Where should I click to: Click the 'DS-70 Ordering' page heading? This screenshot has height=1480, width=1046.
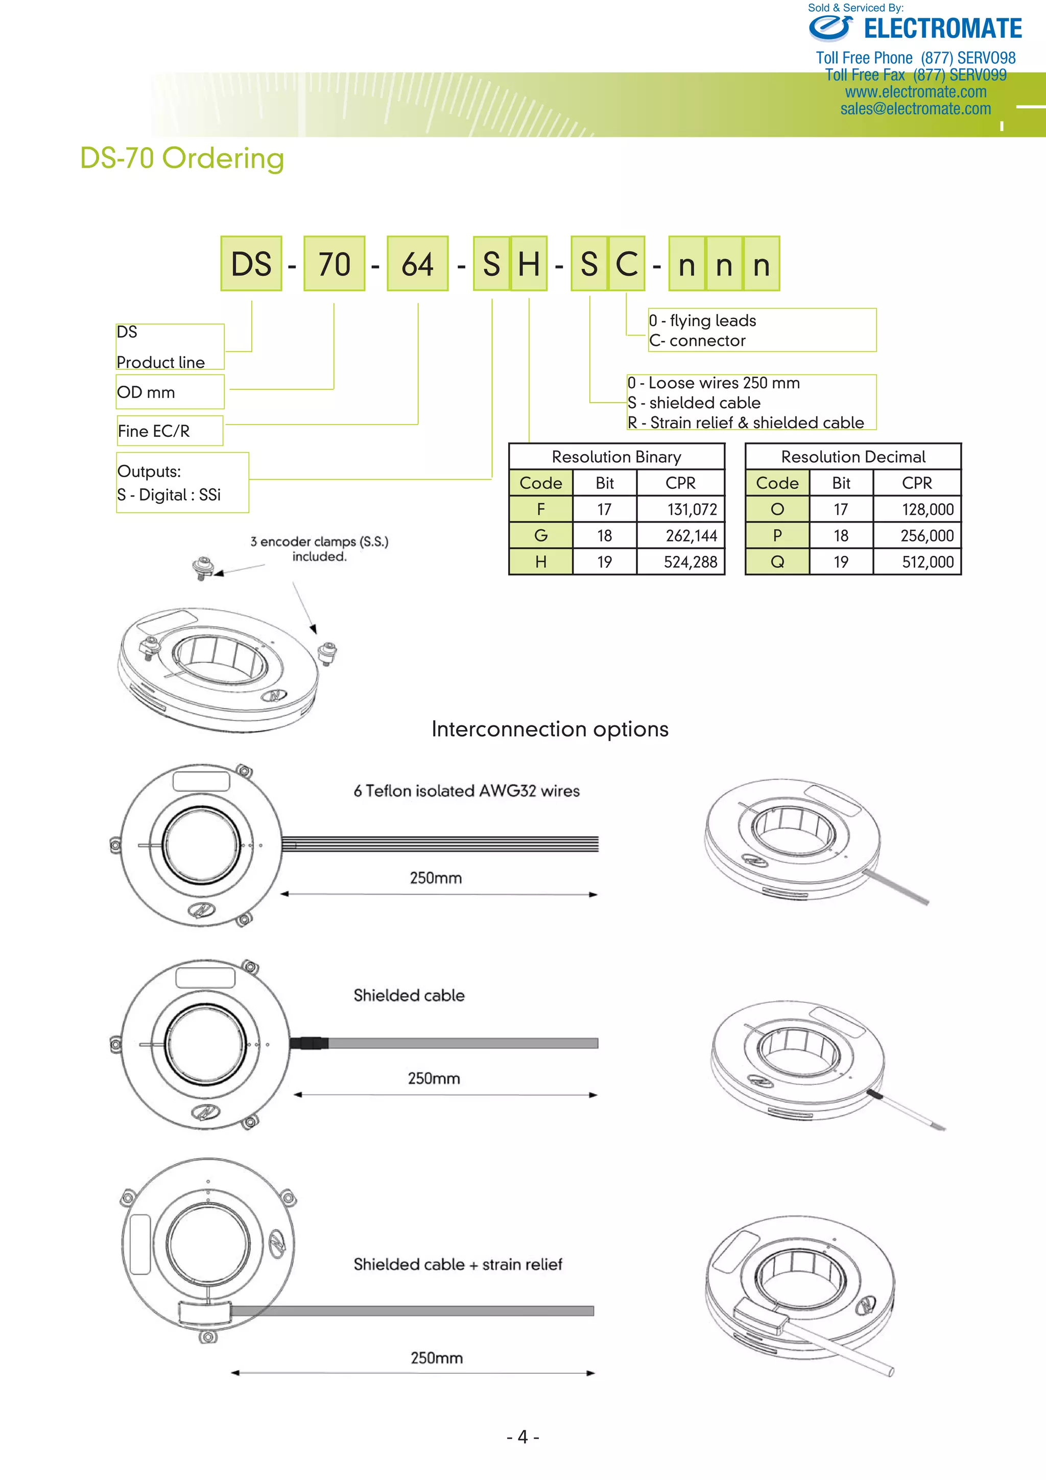182,158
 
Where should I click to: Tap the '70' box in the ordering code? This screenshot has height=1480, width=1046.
334,264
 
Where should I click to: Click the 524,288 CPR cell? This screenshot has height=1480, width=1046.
690,562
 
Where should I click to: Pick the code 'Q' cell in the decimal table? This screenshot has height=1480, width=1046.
777,562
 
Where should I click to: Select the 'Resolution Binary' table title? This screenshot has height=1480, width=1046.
616,457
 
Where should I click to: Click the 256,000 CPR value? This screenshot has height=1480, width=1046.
927,536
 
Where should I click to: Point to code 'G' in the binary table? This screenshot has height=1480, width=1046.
541,536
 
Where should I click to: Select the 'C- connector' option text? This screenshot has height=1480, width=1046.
697,340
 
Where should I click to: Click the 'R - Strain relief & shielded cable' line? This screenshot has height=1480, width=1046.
746,423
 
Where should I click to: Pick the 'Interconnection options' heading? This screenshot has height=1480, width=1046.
550,729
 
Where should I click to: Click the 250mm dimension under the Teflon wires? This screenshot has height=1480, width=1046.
436,878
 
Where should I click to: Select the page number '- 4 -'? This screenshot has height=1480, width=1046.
522,1437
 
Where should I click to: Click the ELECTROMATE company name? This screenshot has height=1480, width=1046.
942,29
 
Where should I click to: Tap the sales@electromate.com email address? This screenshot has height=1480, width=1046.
915,109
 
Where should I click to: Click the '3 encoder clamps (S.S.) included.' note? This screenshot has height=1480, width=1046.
319,549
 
